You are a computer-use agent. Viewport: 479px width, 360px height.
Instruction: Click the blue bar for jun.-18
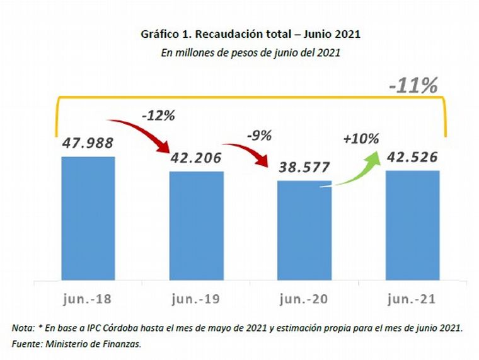coord(88,218)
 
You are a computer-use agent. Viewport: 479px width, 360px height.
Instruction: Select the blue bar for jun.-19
coord(196,225)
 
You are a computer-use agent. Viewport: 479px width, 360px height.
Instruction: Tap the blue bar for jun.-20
coord(304,229)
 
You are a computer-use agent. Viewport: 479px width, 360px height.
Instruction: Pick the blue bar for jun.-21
coord(412,224)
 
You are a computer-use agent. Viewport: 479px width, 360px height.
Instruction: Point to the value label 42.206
coord(196,158)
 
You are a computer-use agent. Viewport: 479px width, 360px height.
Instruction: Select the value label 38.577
coord(304,168)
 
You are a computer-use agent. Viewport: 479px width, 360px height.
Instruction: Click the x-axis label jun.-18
coord(88,298)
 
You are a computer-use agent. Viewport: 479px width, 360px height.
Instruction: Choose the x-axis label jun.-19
coord(196,298)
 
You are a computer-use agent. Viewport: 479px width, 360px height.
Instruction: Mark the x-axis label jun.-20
coord(304,298)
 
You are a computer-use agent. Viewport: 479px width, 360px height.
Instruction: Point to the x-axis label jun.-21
coord(413,298)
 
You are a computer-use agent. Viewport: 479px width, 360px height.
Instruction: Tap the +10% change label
coord(361,139)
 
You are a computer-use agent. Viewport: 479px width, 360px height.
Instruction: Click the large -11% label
coord(413,86)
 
